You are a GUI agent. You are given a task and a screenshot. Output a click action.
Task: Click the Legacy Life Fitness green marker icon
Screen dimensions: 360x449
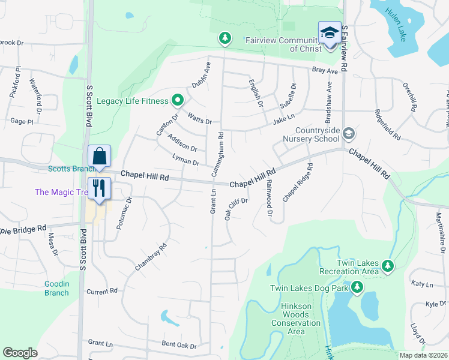[x=178, y=100]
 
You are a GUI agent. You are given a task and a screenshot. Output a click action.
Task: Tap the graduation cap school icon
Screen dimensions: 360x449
[x=330, y=33]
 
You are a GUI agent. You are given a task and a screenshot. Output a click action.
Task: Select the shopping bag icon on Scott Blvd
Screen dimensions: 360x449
[x=100, y=157]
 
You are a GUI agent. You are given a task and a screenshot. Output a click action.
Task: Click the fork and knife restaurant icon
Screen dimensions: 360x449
[x=100, y=188]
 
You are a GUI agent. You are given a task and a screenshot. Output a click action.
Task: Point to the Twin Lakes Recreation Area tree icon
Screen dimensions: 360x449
[x=388, y=265]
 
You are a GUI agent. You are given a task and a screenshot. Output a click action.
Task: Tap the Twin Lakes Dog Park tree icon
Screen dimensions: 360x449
[x=357, y=288]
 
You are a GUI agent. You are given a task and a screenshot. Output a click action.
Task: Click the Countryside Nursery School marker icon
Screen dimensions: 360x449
[x=349, y=134]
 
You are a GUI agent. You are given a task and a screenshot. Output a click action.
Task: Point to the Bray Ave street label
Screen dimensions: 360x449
[x=325, y=71]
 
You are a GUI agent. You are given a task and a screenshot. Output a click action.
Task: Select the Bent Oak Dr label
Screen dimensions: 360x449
[x=179, y=346]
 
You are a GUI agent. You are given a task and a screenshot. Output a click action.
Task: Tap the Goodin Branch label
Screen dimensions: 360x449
[x=56, y=288]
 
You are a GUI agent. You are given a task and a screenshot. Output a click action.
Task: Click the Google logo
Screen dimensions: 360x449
[x=20, y=353]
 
